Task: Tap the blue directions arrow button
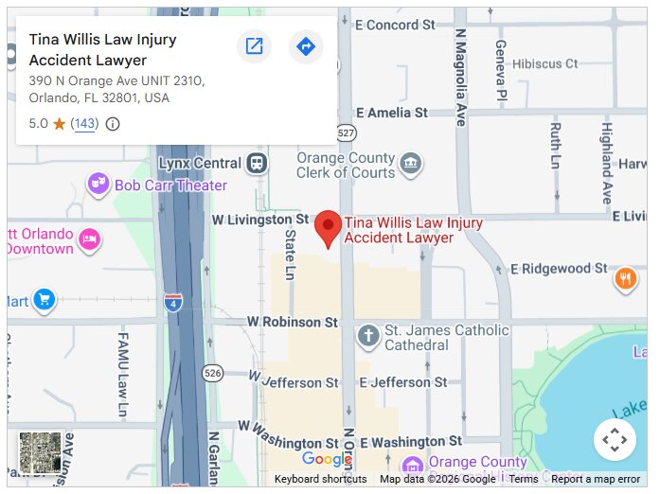click(305, 46)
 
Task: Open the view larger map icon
click(254, 46)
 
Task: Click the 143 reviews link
click(84, 124)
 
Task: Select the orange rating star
click(59, 124)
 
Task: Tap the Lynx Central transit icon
click(256, 164)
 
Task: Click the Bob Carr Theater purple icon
click(98, 184)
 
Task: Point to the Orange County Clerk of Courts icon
click(410, 164)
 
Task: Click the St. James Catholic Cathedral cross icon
click(368, 335)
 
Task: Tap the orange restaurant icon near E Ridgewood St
click(625, 278)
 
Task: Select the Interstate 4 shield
click(172, 302)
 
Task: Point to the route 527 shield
click(347, 132)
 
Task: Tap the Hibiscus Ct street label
click(545, 63)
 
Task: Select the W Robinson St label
click(292, 323)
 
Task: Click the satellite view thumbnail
click(41, 453)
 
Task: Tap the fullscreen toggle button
click(615, 439)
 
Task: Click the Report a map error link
click(596, 479)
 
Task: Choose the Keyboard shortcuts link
click(320, 479)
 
